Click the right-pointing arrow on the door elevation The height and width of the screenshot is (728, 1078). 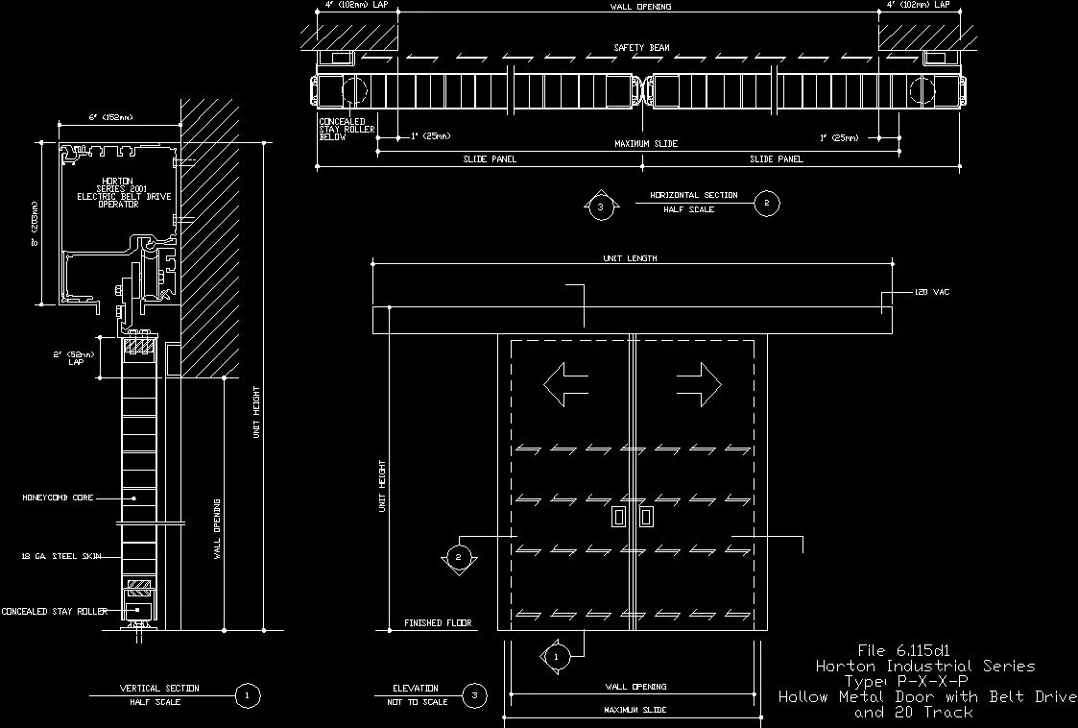click(x=698, y=384)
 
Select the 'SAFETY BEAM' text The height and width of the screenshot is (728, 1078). click(x=641, y=47)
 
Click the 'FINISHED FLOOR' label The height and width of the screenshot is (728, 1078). click(x=438, y=623)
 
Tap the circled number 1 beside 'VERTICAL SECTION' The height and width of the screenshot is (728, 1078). click(x=248, y=695)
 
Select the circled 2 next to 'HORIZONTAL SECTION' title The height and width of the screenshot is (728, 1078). click(x=766, y=203)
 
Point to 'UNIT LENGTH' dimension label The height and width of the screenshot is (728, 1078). click(x=631, y=258)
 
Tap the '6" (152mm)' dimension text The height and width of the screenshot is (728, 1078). click(x=110, y=117)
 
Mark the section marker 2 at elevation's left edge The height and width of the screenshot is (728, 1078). click(x=458, y=557)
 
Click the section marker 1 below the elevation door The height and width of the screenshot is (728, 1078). click(x=556, y=657)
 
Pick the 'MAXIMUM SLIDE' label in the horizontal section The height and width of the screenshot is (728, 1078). click(x=646, y=144)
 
